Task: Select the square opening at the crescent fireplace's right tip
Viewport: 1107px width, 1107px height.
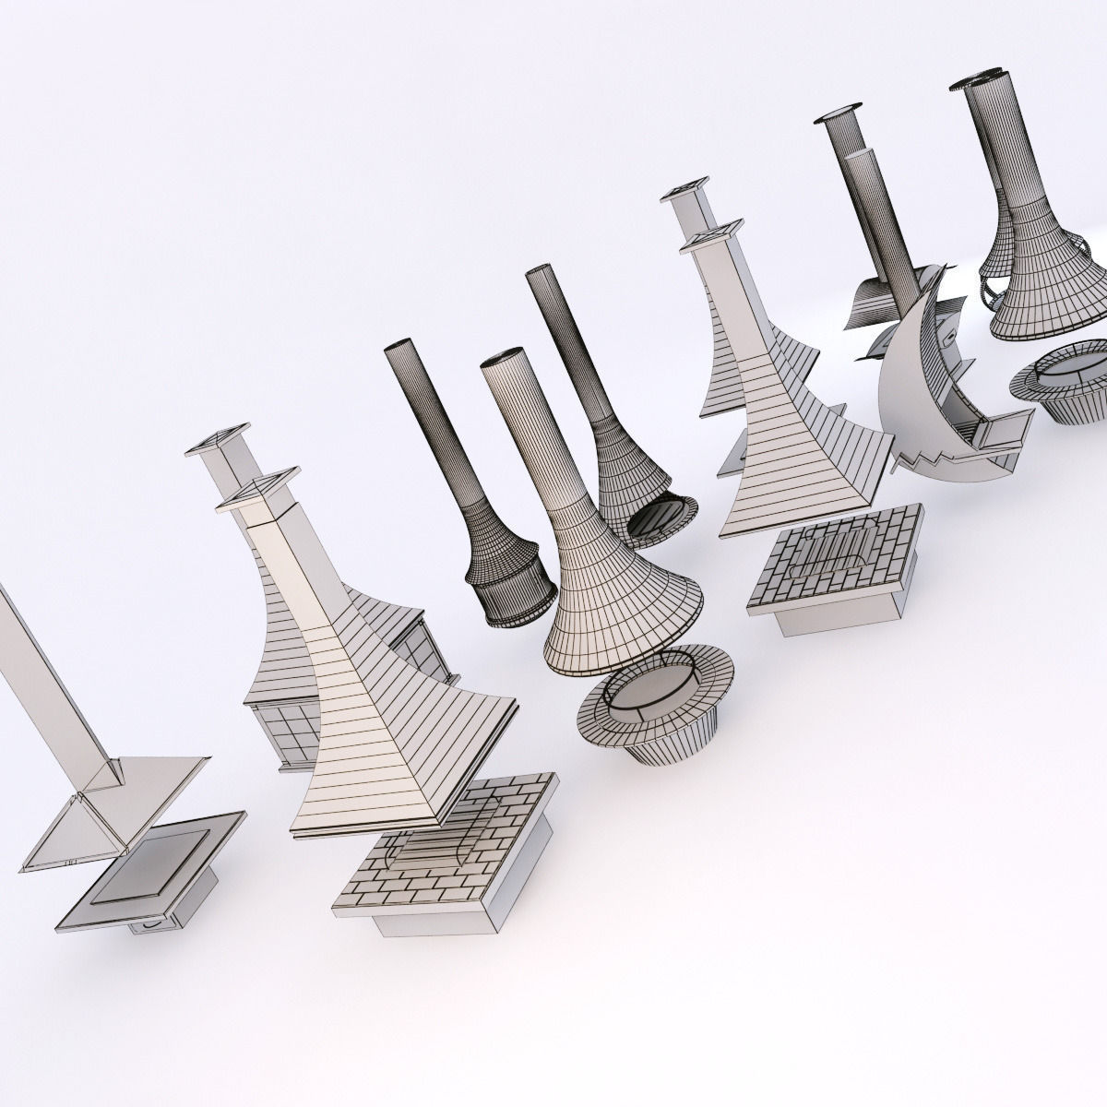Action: (x=1006, y=429)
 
